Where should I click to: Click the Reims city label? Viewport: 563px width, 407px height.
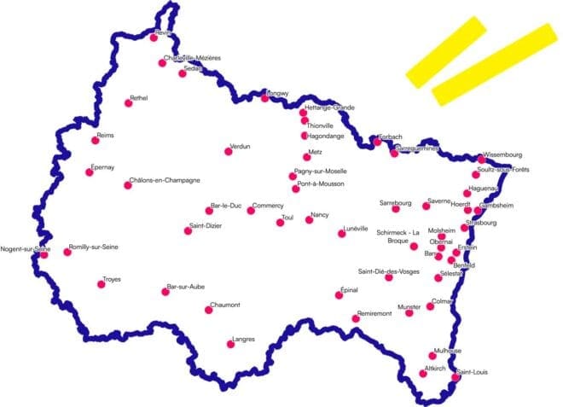106,135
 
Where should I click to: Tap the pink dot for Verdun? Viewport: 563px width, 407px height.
228,151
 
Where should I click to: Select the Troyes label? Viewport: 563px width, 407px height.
112,278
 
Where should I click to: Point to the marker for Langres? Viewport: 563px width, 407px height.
229,344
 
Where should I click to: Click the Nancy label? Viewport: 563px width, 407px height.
320,214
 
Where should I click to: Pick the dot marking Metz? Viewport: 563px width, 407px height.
306,157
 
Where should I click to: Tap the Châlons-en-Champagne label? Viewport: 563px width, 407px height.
165,180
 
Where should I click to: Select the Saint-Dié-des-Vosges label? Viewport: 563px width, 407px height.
389,271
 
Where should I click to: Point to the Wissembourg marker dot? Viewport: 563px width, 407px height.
481,160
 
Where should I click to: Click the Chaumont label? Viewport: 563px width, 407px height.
225,305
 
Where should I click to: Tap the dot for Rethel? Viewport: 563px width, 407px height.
129,102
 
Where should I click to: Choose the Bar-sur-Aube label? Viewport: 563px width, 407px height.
186,286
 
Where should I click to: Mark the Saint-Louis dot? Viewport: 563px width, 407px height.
456,376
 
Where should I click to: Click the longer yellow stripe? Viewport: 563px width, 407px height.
494,65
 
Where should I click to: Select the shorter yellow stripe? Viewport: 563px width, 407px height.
446,51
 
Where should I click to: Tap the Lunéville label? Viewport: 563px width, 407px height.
355,228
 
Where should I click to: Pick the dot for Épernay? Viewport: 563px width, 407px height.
89,172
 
